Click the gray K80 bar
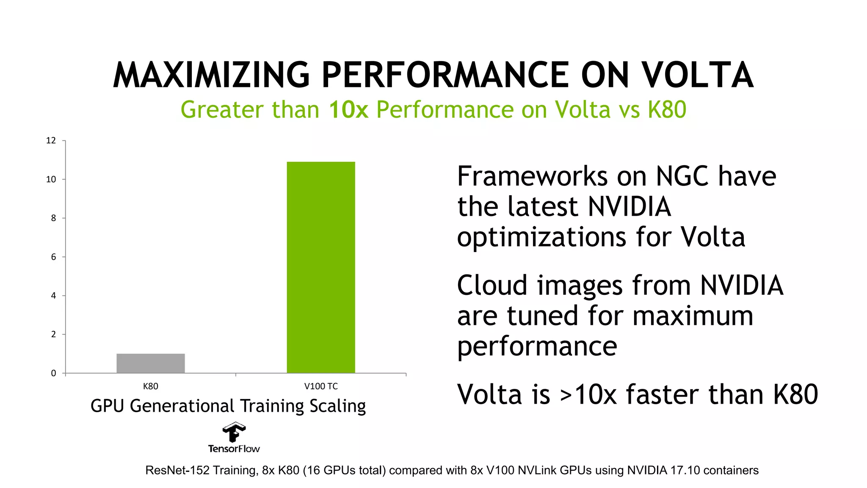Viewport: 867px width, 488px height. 151,363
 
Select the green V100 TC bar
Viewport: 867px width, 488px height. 321,267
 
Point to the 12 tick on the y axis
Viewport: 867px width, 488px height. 51,141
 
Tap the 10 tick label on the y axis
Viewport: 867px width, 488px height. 51,180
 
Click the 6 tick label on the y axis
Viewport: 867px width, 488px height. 53,257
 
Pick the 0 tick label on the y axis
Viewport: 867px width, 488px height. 53,373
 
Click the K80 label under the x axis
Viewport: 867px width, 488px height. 151,386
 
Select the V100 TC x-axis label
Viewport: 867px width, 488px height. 321,386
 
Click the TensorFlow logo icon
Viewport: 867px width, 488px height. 234,432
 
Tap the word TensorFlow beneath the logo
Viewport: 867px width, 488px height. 234,449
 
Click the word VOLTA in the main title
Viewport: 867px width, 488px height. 697,75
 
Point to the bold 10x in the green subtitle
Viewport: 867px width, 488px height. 348,110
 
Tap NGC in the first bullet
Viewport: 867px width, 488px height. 682,176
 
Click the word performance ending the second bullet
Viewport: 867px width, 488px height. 537,347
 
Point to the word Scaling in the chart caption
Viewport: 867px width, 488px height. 337,406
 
